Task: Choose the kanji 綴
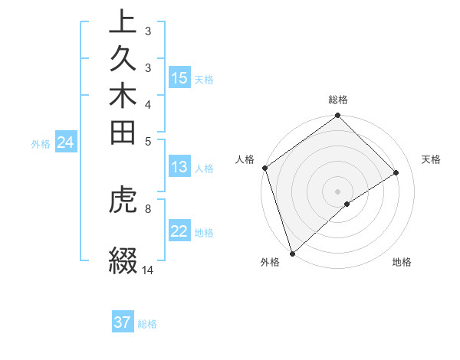pos(123,259)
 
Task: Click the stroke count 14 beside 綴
pos(148,270)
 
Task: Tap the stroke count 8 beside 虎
pos(147,207)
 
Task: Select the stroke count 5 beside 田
pos(147,141)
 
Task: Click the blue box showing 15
pos(179,78)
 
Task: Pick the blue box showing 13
pos(179,168)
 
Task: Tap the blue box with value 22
pos(179,232)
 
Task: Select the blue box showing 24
pos(65,142)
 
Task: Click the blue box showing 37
pos(122,322)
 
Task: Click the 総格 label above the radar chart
pos(338,100)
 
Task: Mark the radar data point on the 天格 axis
pos(396,173)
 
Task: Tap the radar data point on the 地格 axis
pos(347,204)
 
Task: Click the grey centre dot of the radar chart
pos(337,191)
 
